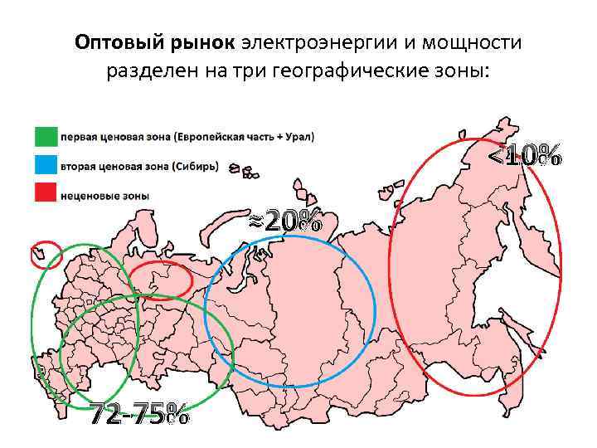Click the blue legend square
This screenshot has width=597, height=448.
pos(46,166)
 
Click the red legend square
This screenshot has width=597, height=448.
pos(46,195)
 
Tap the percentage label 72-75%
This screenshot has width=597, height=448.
pos(138,413)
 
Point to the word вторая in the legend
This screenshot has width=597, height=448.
pos(80,166)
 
